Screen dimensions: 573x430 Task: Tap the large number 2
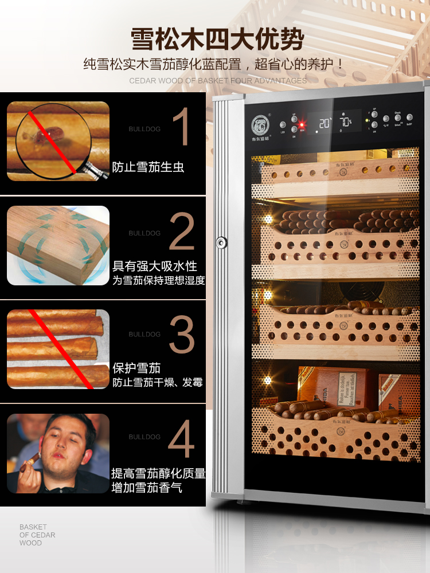(x=182, y=231)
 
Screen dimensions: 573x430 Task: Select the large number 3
(x=182, y=333)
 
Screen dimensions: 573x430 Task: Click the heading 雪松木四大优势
(x=217, y=40)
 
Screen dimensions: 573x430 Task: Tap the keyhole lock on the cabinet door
(x=221, y=243)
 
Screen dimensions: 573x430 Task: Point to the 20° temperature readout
(x=325, y=123)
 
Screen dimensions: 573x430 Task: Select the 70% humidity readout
(x=346, y=123)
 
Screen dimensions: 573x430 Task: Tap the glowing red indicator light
(x=302, y=124)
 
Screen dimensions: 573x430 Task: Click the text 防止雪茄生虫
(x=148, y=168)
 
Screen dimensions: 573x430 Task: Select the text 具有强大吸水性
(x=154, y=266)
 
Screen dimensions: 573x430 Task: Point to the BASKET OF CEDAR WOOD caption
(x=37, y=535)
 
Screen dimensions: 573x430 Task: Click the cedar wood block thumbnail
(x=58, y=245)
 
